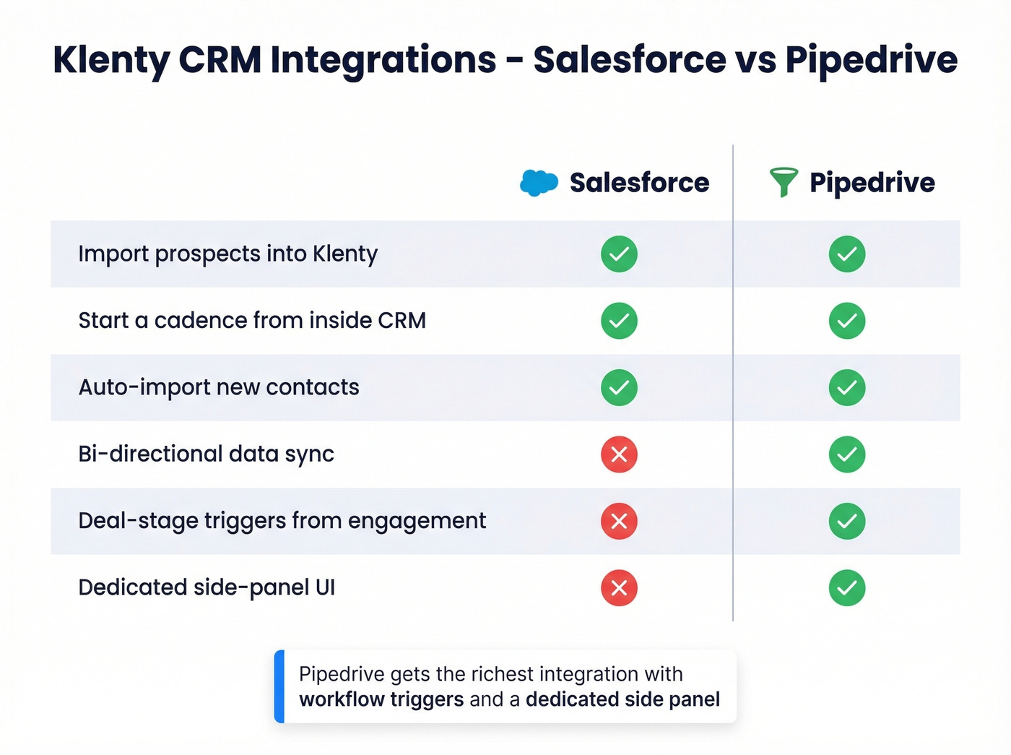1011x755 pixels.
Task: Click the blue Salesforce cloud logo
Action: (x=539, y=183)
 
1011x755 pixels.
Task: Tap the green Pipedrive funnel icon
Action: (x=784, y=181)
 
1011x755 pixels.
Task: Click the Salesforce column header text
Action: (x=639, y=183)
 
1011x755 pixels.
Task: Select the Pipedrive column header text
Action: (x=872, y=183)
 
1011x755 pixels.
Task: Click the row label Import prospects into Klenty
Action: (x=227, y=254)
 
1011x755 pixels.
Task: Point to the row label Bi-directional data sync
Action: (x=206, y=454)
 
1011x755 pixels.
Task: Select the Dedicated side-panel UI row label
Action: (x=207, y=587)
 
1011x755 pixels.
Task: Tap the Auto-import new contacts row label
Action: (x=218, y=388)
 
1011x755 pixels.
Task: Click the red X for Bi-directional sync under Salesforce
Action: (x=619, y=454)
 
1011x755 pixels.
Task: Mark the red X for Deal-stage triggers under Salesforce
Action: (x=619, y=521)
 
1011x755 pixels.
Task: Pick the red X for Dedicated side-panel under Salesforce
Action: (x=619, y=588)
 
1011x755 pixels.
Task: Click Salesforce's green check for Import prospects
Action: (x=619, y=254)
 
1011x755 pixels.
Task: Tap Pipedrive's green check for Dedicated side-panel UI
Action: (x=847, y=588)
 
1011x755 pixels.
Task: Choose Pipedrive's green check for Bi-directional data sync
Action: (x=847, y=454)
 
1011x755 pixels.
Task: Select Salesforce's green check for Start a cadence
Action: (x=619, y=321)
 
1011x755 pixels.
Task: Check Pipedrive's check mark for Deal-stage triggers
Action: (x=847, y=521)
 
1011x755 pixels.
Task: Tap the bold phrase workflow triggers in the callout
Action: (x=381, y=699)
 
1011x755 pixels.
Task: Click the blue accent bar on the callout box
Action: (x=279, y=686)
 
